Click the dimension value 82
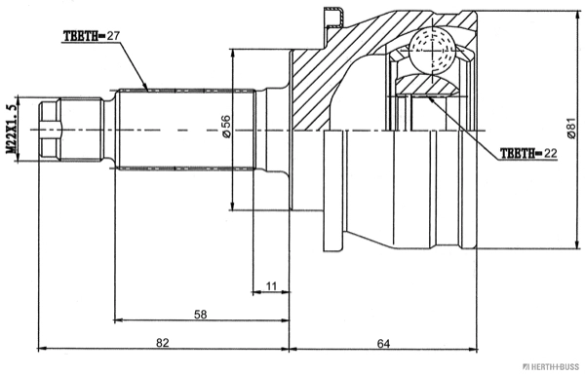point(163,343)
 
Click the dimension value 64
point(383,344)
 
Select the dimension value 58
point(200,315)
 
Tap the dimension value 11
point(271,286)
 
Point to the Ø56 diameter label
point(226,127)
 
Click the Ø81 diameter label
point(571,129)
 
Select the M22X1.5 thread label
point(12,129)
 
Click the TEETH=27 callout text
point(92,36)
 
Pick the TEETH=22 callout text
point(528,153)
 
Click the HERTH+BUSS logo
point(551,367)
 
